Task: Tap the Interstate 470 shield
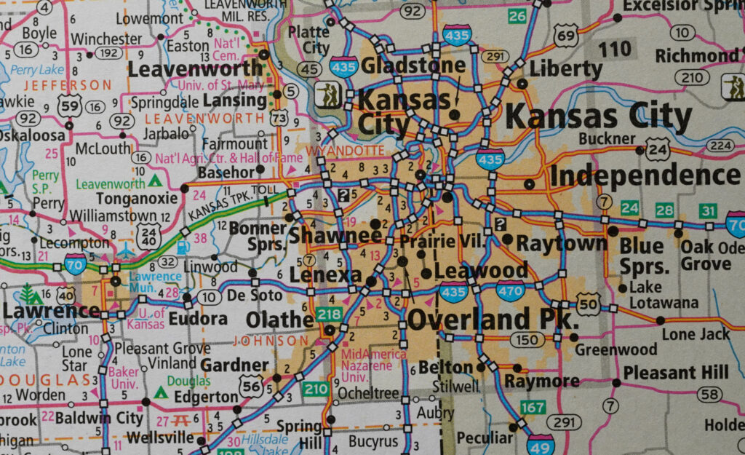click(511, 290)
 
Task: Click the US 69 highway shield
click(565, 35)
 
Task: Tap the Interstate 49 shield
click(541, 443)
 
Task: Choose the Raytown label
click(562, 242)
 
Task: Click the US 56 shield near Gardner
click(251, 386)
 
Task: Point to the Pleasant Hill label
click(676, 373)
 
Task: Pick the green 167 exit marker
click(533, 406)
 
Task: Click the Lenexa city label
click(325, 275)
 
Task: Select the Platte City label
click(308, 39)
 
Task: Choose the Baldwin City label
click(100, 419)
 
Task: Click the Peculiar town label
click(485, 438)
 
